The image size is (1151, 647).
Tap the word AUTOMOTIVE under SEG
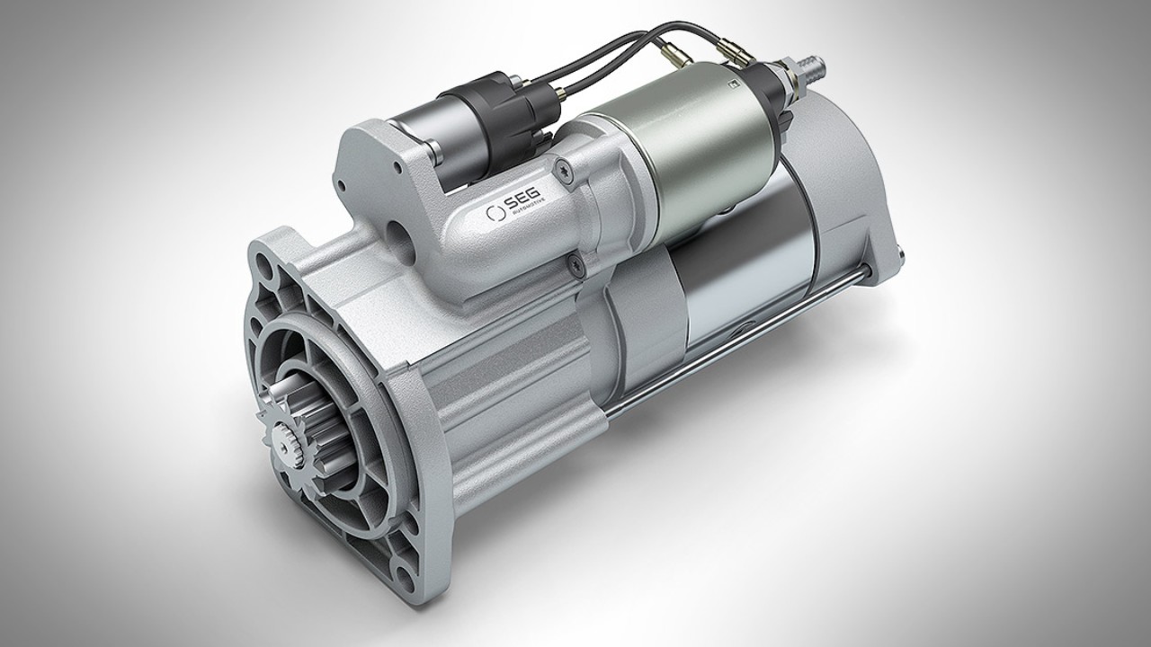point(531,218)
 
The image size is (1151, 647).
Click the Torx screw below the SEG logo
point(573,261)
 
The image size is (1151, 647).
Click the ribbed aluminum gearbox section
point(504,368)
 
